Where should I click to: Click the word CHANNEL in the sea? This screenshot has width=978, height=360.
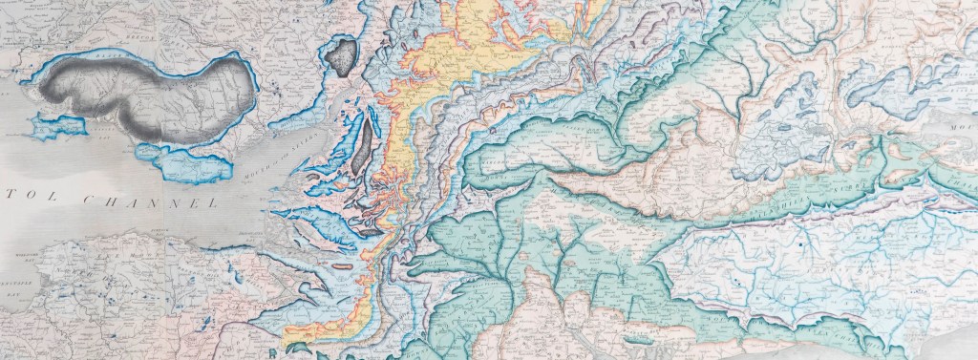(x=159, y=202)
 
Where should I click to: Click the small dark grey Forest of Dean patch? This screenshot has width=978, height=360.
(x=341, y=57)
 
